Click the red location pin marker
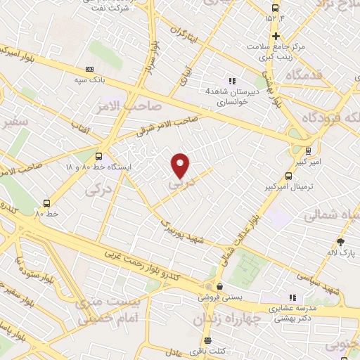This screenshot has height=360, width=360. click(x=181, y=165)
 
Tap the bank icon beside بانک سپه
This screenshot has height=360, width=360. click(x=89, y=69)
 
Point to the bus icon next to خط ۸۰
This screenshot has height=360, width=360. click(x=47, y=202)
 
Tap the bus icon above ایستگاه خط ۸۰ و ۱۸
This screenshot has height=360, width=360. click(x=98, y=156)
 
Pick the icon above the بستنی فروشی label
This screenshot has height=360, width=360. click(x=221, y=287)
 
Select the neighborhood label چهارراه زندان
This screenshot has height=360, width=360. click(x=225, y=319)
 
